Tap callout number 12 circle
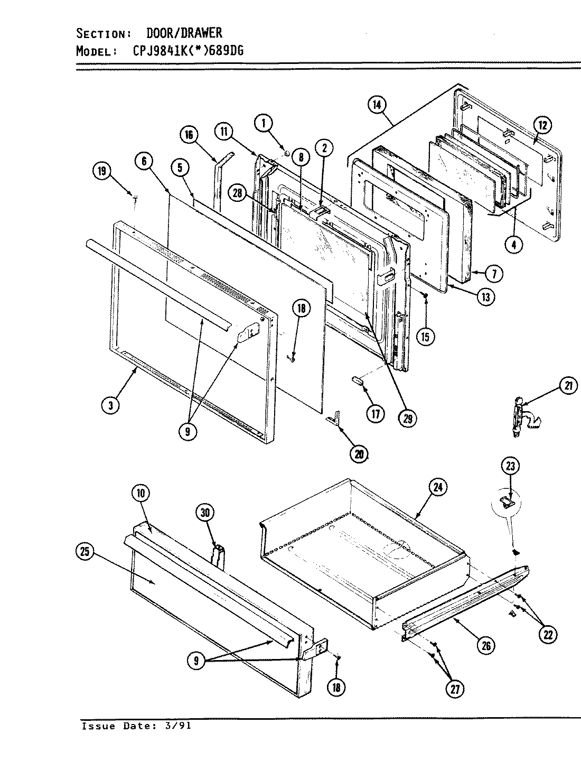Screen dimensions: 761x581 coord(544,125)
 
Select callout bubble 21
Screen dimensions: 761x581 coord(567,387)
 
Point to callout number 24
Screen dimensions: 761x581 coord(438,487)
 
